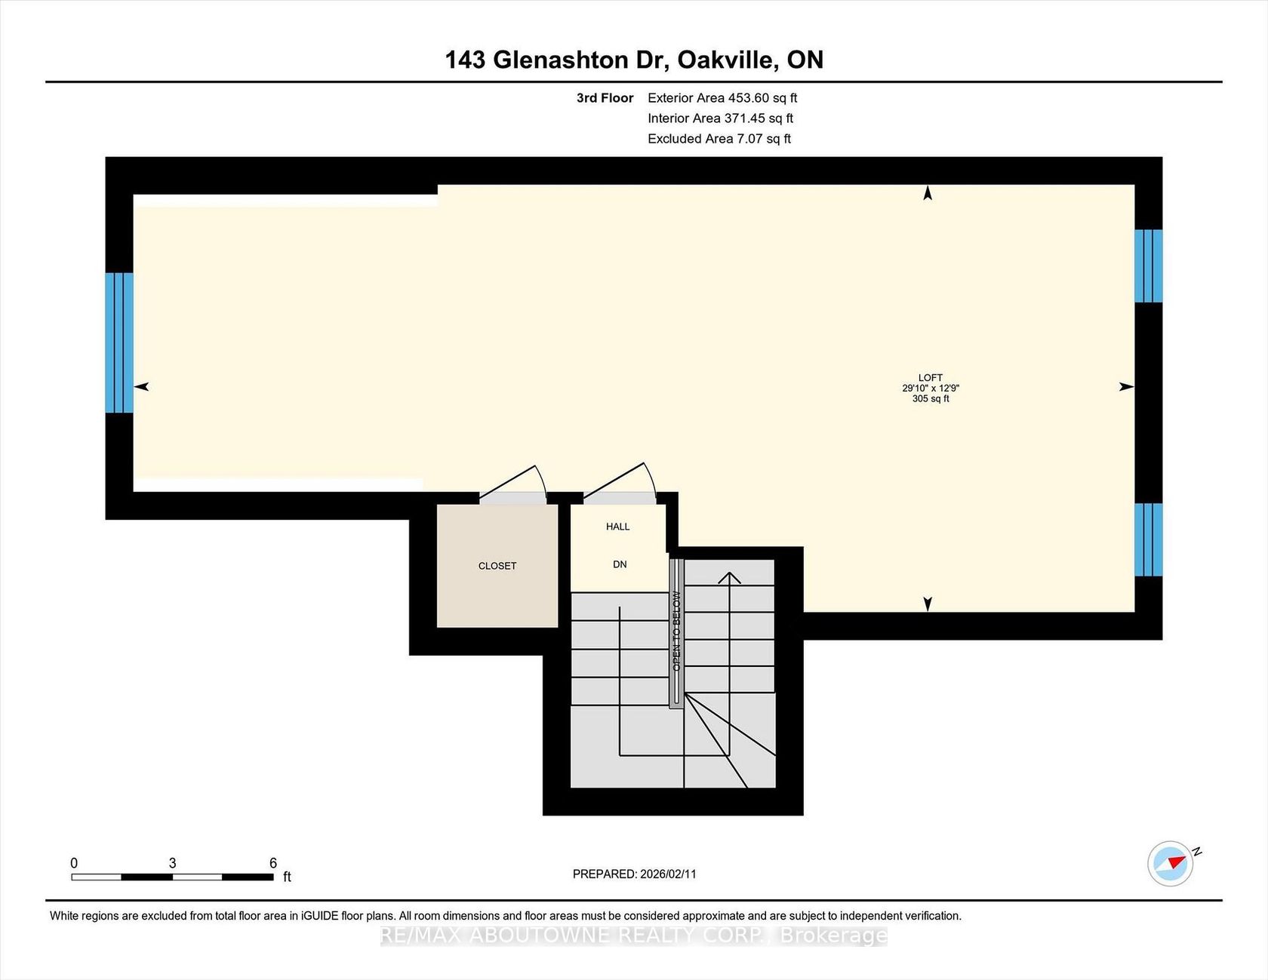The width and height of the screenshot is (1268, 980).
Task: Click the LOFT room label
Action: click(x=930, y=377)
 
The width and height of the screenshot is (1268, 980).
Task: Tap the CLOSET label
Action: click(x=497, y=566)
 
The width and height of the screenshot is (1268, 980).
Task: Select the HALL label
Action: click(x=617, y=527)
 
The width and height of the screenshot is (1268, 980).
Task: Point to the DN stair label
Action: click(x=620, y=564)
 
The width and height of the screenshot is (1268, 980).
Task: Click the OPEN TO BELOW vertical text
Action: click(x=676, y=631)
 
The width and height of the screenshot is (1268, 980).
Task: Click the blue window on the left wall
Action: click(x=119, y=343)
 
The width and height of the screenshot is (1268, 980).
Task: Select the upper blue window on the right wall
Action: click(x=1148, y=266)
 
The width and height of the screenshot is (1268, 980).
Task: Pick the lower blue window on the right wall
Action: click(x=1148, y=539)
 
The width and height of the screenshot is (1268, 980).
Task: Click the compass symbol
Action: click(x=1171, y=863)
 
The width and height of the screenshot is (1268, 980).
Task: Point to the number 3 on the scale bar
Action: click(x=172, y=863)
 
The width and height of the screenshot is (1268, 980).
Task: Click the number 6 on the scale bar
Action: click(x=273, y=863)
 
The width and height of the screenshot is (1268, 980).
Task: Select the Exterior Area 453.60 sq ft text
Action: click(x=722, y=98)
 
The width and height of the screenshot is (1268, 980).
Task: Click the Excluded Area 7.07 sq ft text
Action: click(x=719, y=139)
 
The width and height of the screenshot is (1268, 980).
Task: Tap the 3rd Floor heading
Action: click(x=605, y=98)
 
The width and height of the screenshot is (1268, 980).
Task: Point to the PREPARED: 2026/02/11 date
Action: click(x=634, y=874)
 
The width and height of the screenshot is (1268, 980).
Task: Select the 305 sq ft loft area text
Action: click(x=930, y=398)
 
